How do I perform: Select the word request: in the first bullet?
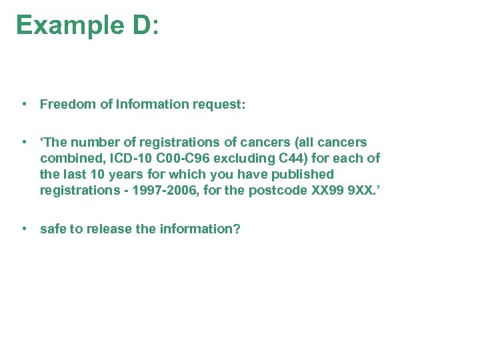[x=218, y=104]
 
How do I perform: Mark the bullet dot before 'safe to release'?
[x=24, y=229]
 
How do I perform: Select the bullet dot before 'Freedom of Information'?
[x=24, y=104]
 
